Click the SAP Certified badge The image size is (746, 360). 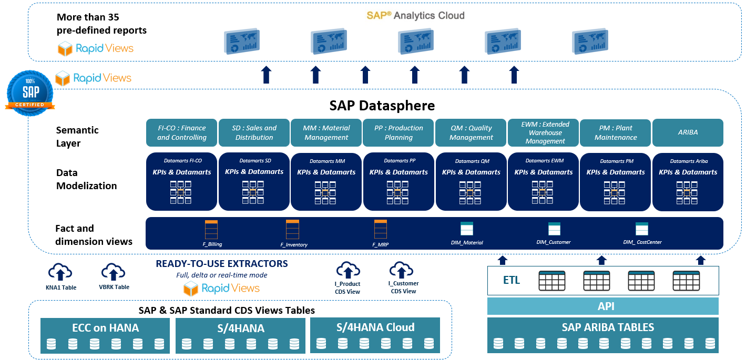pos(30,93)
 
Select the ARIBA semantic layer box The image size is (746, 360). pos(688,132)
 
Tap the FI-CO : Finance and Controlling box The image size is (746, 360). pos(181,132)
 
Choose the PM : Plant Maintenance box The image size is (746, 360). pos(616,132)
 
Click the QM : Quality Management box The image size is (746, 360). pos(471,132)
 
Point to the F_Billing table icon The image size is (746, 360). pos(211,230)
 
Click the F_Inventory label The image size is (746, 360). pos(294,245)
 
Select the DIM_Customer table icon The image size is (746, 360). pos(554,229)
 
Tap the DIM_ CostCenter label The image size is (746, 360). pos(642,242)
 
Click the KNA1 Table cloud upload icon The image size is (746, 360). pos(60,272)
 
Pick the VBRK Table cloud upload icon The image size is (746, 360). pos(113,271)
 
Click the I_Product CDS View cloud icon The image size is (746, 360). pos(348,270)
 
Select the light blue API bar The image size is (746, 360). pos(603,306)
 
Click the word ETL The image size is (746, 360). pos(511,280)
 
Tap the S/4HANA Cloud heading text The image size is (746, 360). pos(375,327)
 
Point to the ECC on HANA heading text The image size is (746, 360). pos(105,328)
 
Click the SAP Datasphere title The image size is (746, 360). pos(382,106)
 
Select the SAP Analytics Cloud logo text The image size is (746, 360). pos(415,15)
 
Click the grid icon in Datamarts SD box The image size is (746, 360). pos(253,192)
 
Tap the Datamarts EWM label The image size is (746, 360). pos(545,160)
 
